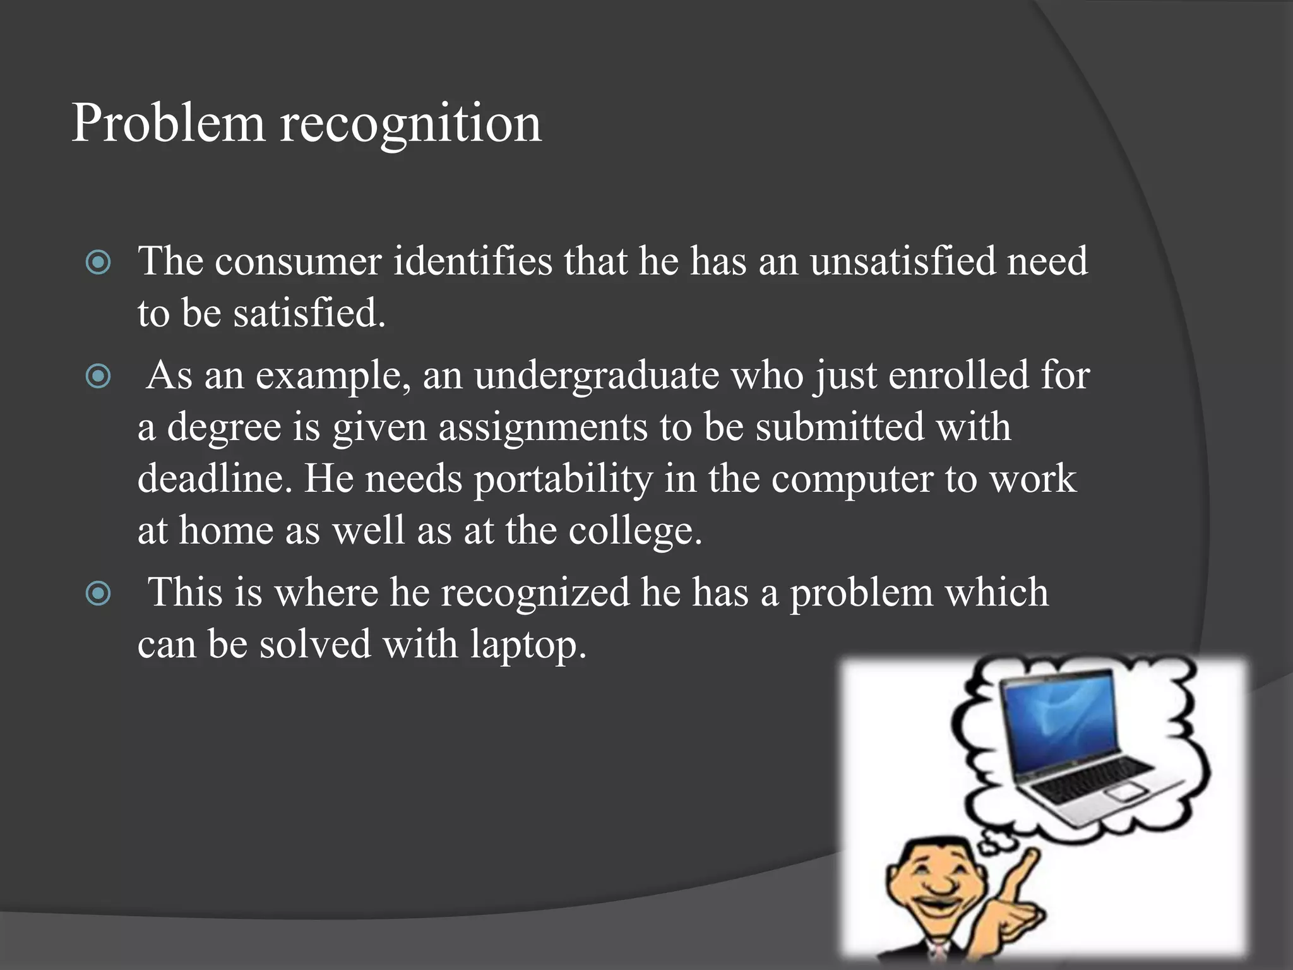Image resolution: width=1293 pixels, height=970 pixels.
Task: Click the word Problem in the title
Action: point(167,123)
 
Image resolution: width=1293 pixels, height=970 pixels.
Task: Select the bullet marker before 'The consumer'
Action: point(98,262)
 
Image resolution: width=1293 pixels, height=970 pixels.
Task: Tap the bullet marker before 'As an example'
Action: point(98,377)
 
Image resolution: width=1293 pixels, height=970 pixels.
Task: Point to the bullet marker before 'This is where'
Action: point(98,594)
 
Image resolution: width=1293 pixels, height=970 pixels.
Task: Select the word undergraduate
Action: point(597,377)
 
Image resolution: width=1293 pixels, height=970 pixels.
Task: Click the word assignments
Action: point(543,428)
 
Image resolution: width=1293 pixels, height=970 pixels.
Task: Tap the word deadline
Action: point(215,479)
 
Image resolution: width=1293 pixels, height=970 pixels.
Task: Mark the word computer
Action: point(852,480)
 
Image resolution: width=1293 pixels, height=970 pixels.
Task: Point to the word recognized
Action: point(535,594)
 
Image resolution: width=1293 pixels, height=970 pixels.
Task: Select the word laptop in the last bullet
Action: point(527,645)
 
